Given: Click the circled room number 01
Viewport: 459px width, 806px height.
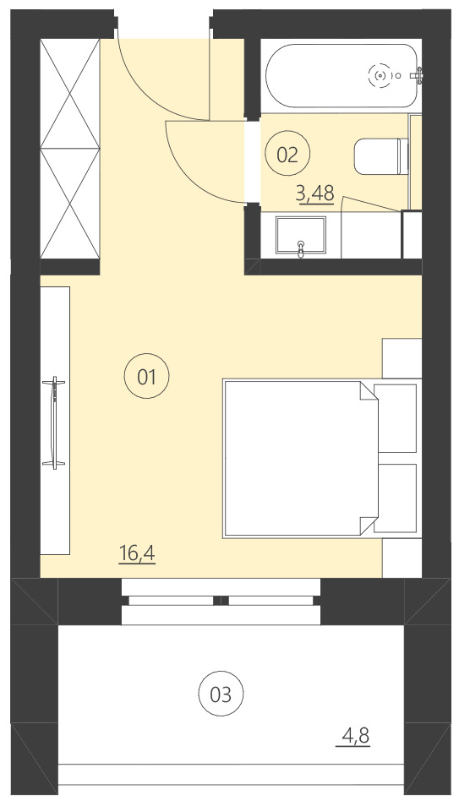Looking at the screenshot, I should point(147,377).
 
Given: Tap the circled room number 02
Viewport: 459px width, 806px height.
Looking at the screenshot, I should point(287,154).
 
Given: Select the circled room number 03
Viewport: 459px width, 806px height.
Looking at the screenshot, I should point(221,694).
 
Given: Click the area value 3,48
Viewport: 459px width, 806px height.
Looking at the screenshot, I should point(314,194).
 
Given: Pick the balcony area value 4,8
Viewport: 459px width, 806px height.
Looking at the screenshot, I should point(356,737).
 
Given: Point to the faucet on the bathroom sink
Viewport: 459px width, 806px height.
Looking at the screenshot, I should point(301,246).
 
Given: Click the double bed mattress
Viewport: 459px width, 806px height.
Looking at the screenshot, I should point(292,457).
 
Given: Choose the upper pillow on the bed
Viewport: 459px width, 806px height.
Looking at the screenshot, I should point(396,418).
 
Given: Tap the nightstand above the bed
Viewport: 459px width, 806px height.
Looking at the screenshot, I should point(402,357).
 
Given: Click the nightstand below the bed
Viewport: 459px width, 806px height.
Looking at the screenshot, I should point(402,557).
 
